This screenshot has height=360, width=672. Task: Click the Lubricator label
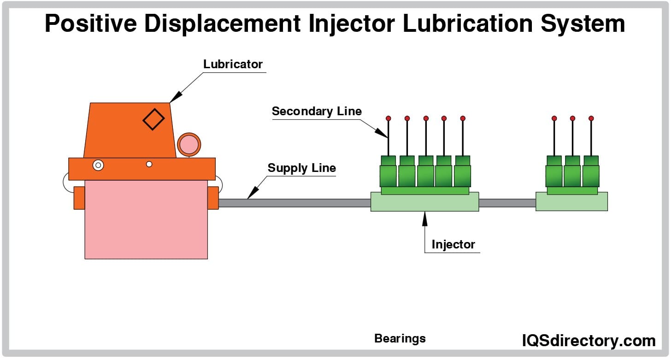tap(233, 64)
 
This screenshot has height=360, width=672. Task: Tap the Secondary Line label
tap(317, 111)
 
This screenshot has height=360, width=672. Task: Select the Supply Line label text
tap(301, 168)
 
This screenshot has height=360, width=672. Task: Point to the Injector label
tap(453, 244)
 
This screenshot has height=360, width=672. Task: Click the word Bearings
tap(400, 339)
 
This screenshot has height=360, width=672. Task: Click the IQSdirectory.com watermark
tap(589, 341)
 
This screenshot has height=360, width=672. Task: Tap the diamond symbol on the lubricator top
tap(153, 119)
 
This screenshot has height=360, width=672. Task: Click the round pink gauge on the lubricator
tap(189, 144)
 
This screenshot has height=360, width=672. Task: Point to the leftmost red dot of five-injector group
tap(389, 118)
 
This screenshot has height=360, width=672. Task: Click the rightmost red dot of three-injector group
tap(591, 118)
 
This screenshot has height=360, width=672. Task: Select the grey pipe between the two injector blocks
tap(507, 203)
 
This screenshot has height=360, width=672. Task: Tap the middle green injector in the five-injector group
tap(425, 171)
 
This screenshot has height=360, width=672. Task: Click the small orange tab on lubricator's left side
tap(79, 198)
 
